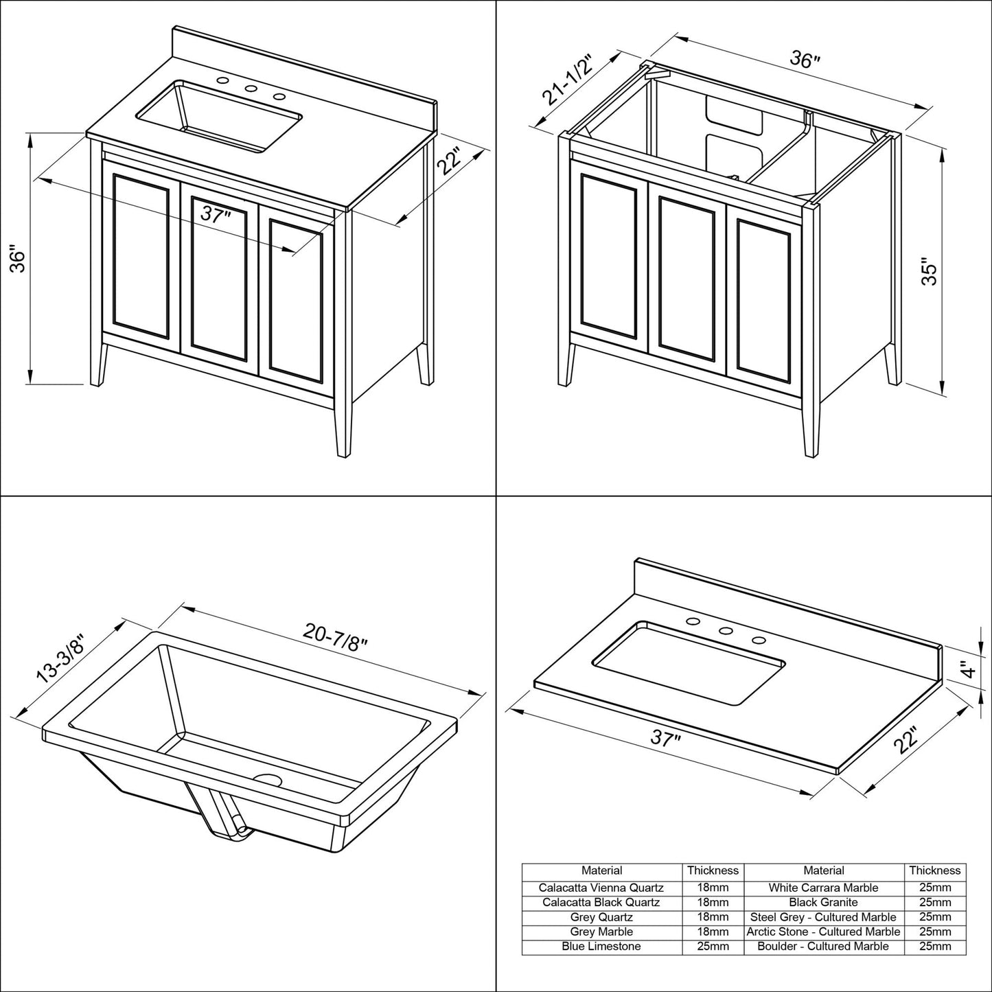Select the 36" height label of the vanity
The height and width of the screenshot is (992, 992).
point(19,259)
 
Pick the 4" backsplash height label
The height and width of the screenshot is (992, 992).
point(967,669)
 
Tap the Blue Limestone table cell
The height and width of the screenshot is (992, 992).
point(601,946)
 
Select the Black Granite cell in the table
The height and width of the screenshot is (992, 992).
point(823,902)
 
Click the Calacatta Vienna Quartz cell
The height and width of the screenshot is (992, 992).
point(601,888)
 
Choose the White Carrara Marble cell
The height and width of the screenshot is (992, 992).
point(823,888)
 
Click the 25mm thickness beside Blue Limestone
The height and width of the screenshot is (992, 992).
point(713,946)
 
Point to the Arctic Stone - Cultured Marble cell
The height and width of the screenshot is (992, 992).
point(823,932)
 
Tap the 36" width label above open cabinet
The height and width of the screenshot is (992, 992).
point(805,60)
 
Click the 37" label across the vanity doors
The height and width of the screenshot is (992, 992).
point(214,214)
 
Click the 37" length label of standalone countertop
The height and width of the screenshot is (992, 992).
point(666,739)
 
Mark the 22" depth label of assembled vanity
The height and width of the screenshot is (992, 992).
point(450,163)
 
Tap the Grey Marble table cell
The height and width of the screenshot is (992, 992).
point(601,932)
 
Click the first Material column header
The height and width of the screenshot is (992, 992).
point(601,870)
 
